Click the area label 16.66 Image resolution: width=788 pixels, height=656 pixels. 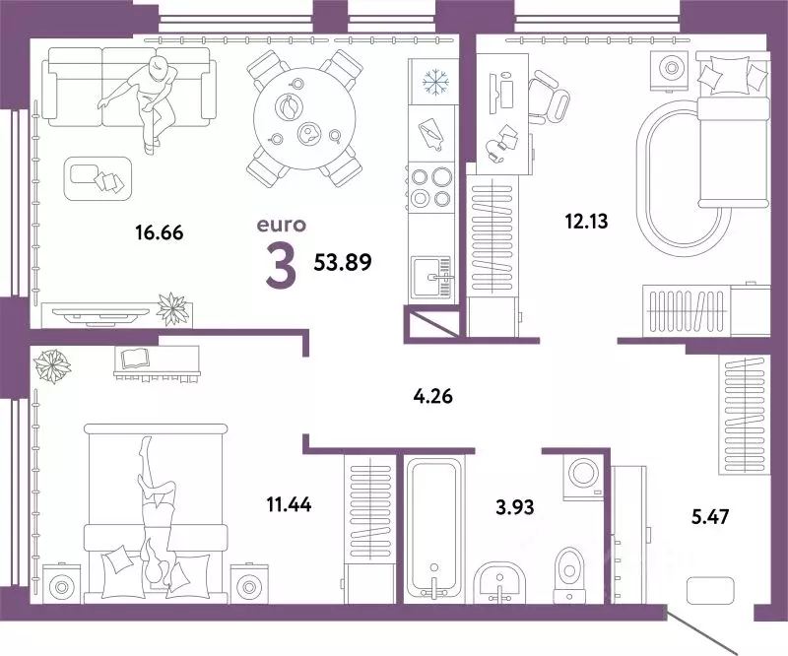tap(160, 233)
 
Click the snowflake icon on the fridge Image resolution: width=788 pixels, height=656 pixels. tap(434, 82)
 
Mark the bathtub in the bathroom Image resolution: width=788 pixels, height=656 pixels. tap(432, 528)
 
